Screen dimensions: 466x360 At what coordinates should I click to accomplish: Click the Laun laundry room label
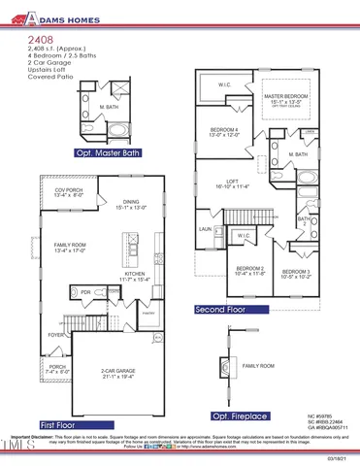tap(206, 229)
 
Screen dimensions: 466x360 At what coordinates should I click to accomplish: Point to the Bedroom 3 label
tap(296, 273)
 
